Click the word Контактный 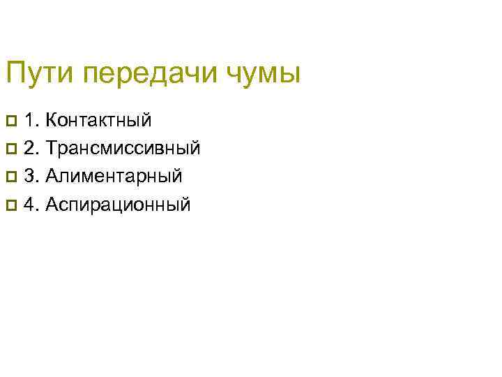coord(99,120)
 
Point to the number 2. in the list coord(31,148)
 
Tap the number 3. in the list coord(31,176)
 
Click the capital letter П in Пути coord(15,73)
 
